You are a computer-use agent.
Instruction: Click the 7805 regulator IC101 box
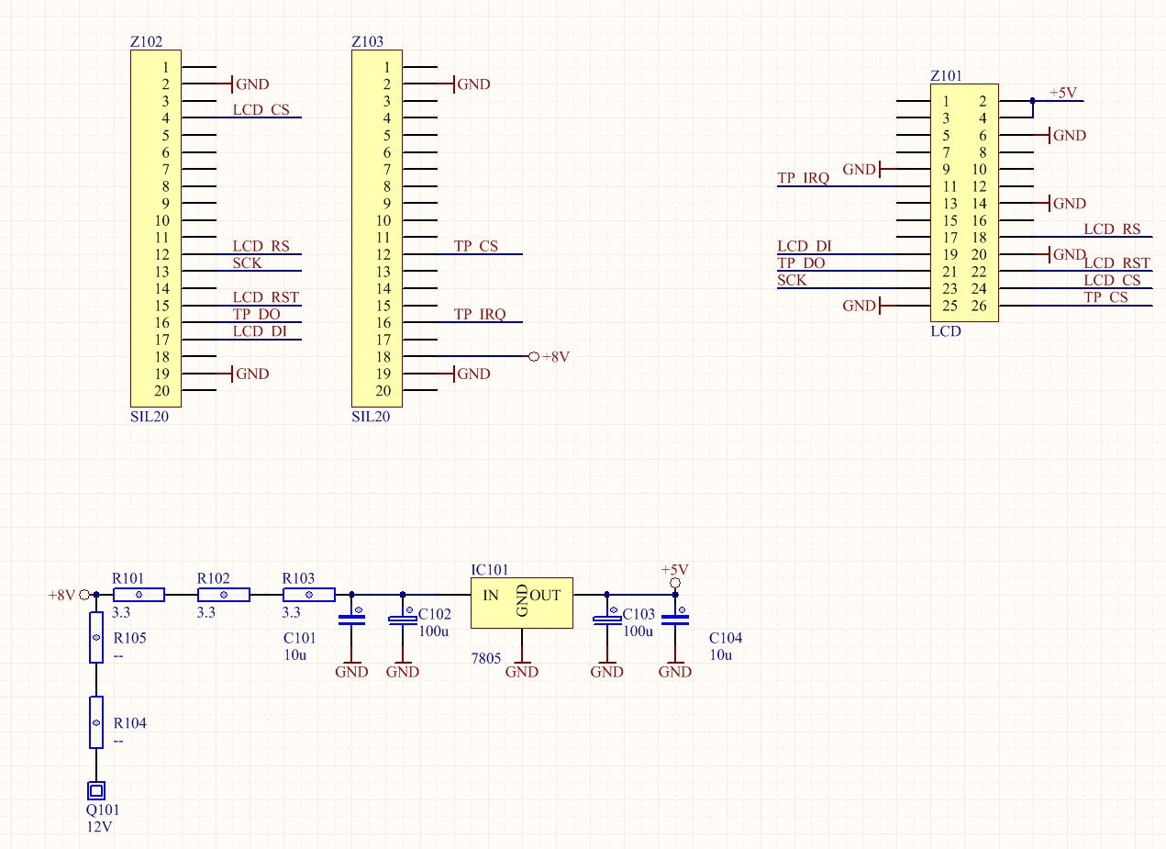(x=521, y=602)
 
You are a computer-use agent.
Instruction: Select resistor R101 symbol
(x=139, y=595)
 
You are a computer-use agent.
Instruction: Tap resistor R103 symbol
(x=308, y=595)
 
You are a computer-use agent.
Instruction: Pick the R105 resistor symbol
(x=95, y=638)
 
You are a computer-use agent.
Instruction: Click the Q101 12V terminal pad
(x=95, y=789)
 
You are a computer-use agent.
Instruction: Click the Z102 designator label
(x=147, y=41)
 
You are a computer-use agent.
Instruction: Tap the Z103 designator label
(x=368, y=41)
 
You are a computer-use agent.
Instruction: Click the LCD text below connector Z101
(x=946, y=330)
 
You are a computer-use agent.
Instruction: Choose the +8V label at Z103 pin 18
(x=556, y=357)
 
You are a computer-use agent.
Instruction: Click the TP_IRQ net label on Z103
(x=480, y=314)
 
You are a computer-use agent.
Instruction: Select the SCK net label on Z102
(x=247, y=263)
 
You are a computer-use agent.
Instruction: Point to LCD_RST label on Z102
(x=266, y=297)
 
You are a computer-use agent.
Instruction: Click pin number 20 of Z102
(x=162, y=391)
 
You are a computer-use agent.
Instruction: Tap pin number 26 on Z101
(x=979, y=306)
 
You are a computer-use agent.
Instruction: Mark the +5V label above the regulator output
(x=674, y=569)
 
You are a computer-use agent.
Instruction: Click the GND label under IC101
(x=522, y=672)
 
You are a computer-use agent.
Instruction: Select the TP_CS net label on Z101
(x=1105, y=296)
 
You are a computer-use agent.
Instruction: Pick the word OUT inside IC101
(x=545, y=596)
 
